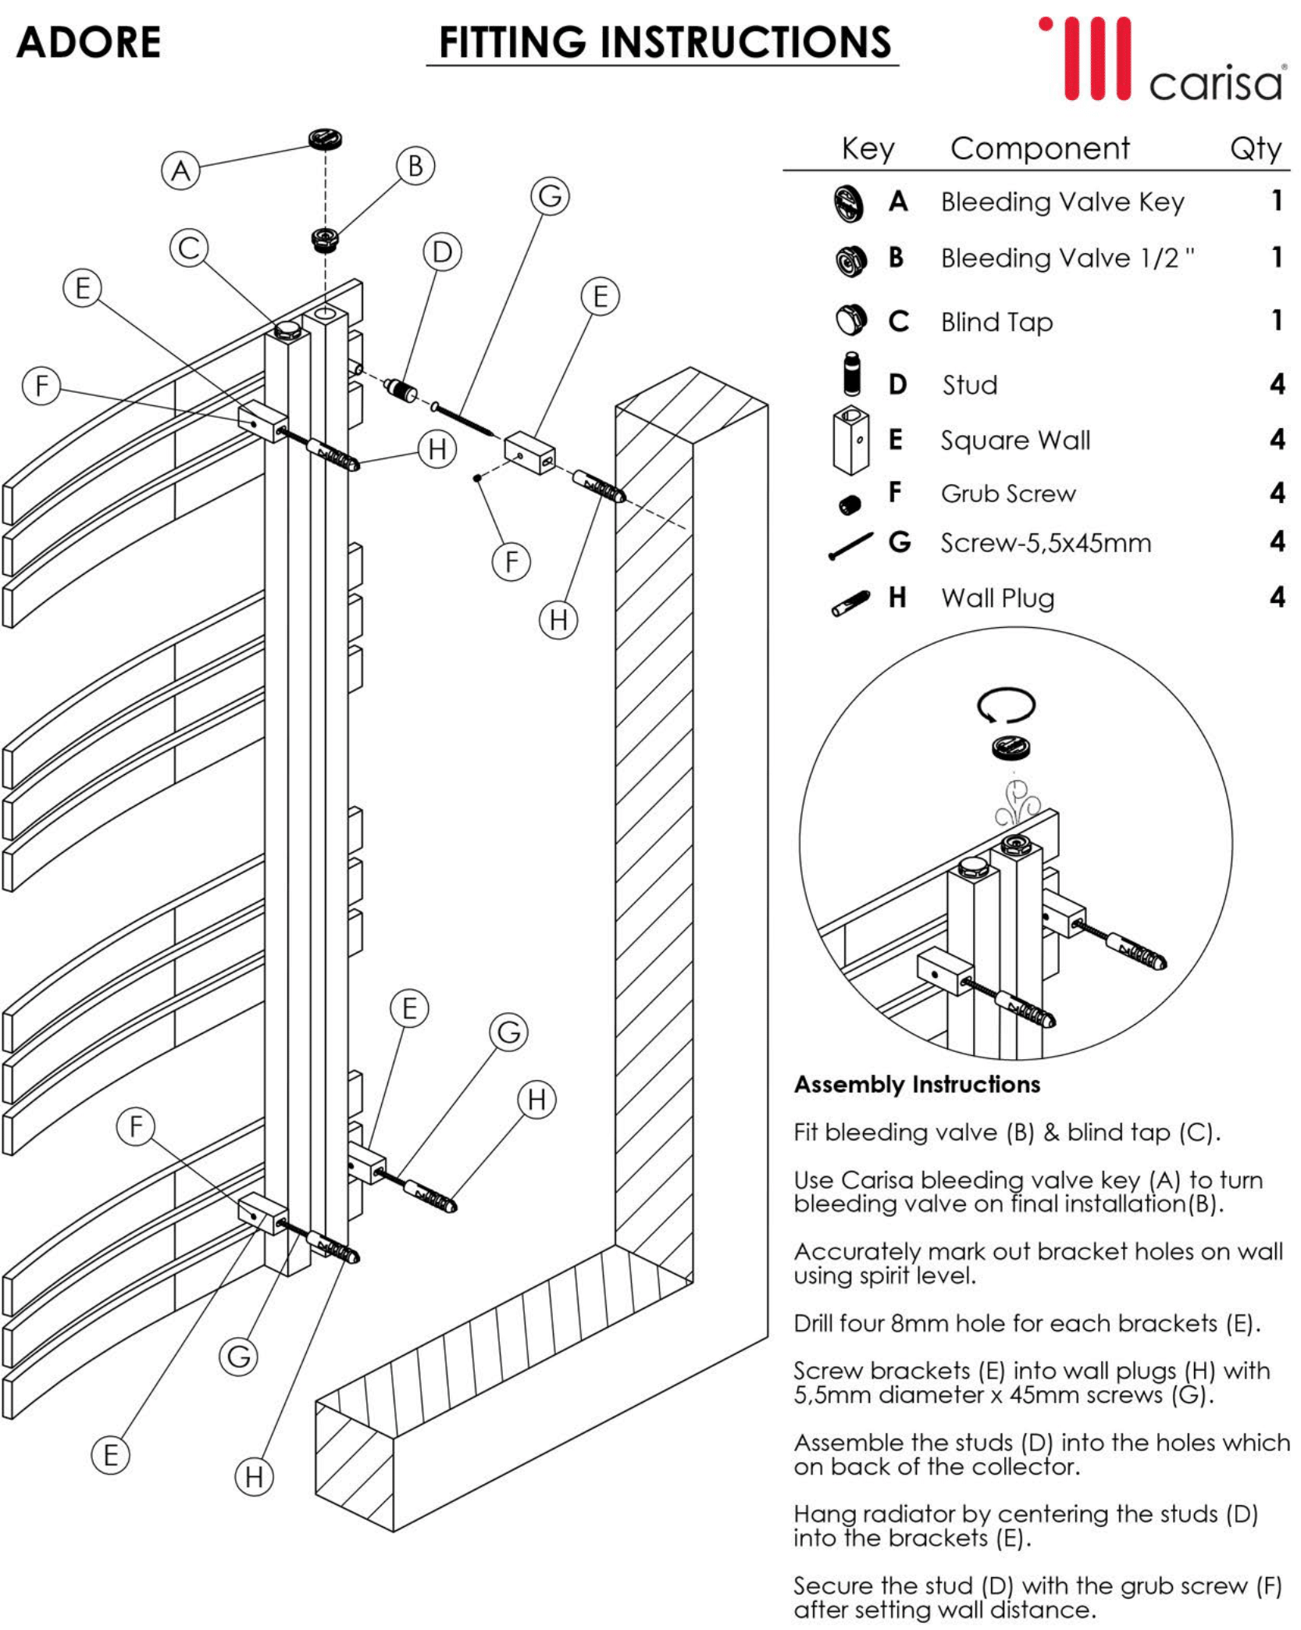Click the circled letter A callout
click(180, 170)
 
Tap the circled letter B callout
click(415, 166)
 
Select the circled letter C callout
click(189, 248)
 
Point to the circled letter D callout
click(442, 252)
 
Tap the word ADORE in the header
click(88, 42)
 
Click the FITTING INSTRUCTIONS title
click(664, 42)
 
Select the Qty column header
click(1255, 148)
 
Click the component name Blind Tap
click(996, 322)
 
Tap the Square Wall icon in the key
click(851, 440)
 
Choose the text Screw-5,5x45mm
click(1045, 543)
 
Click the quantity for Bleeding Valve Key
click(1277, 201)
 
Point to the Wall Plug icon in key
click(850, 603)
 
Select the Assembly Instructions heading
click(917, 1084)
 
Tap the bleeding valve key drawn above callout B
click(325, 140)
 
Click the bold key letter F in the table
click(895, 492)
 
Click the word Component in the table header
click(1039, 148)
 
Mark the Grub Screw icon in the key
click(850, 505)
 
